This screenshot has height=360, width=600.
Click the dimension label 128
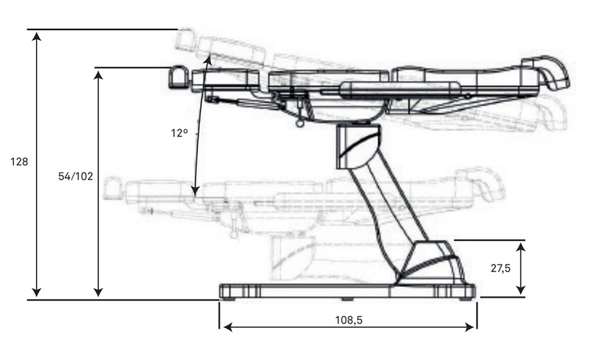(19, 162)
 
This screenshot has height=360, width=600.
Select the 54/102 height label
(76, 176)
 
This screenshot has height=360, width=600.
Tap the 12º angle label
(179, 133)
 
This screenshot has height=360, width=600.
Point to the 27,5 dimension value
(501, 268)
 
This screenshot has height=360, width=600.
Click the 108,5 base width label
(349, 320)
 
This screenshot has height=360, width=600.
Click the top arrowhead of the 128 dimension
(37, 37)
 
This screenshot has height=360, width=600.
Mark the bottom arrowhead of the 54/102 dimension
(98, 292)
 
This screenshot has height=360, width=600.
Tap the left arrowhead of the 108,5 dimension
(228, 327)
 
